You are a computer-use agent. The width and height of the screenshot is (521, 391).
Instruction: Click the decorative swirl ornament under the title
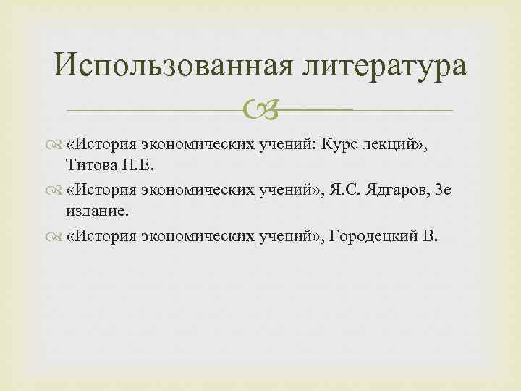[x=260, y=109]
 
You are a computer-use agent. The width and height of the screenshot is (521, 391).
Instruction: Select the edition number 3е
[x=443, y=190]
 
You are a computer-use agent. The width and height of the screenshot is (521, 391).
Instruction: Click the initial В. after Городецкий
[x=431, y=237]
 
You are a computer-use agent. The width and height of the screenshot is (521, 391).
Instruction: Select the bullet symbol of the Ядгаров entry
[x=56, y=190]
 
